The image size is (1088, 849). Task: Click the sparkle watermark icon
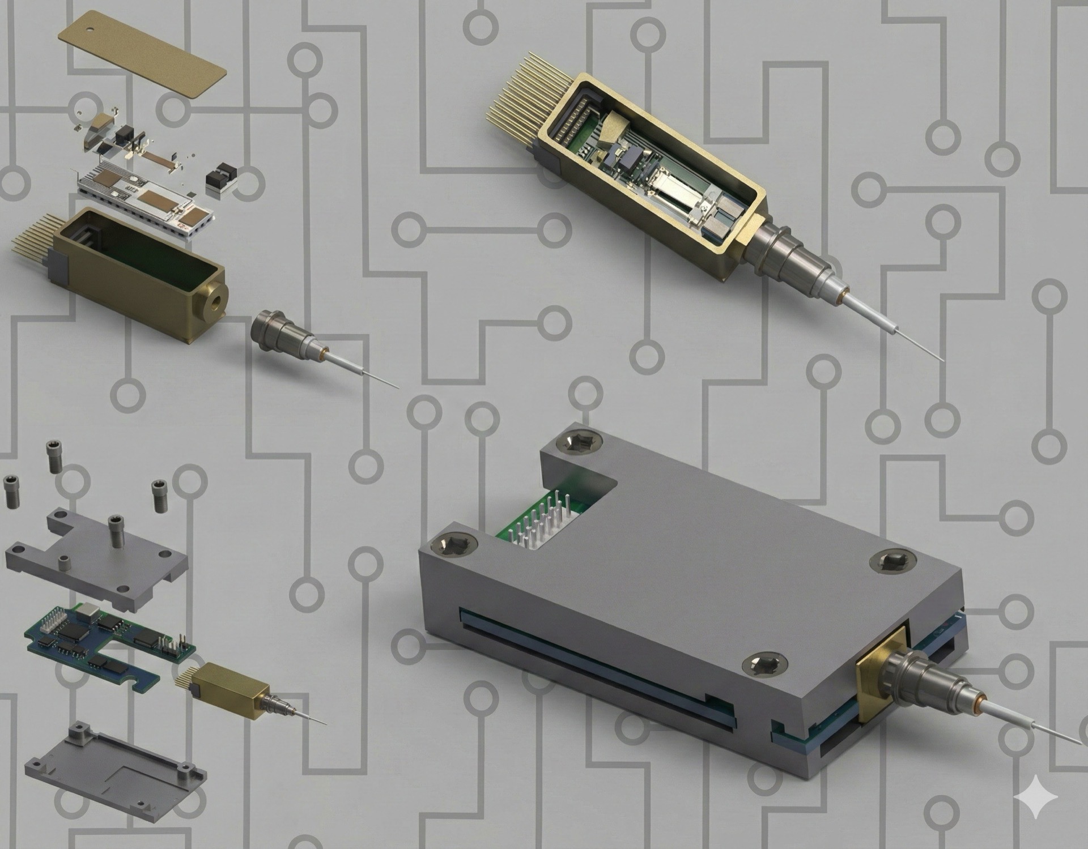click(1035, 797)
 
